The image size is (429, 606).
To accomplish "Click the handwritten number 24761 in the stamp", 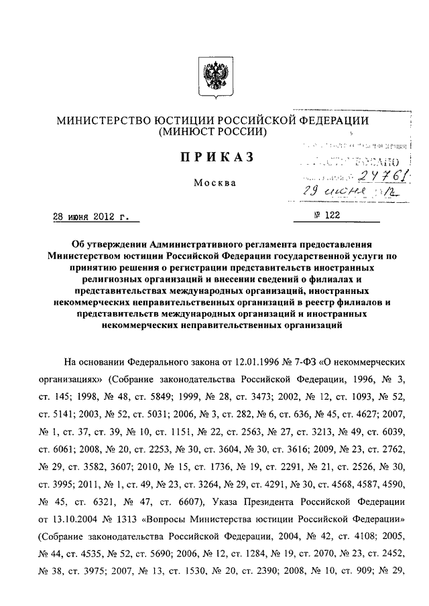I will point(369,175).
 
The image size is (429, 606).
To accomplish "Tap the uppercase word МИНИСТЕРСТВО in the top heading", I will point(99,120).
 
